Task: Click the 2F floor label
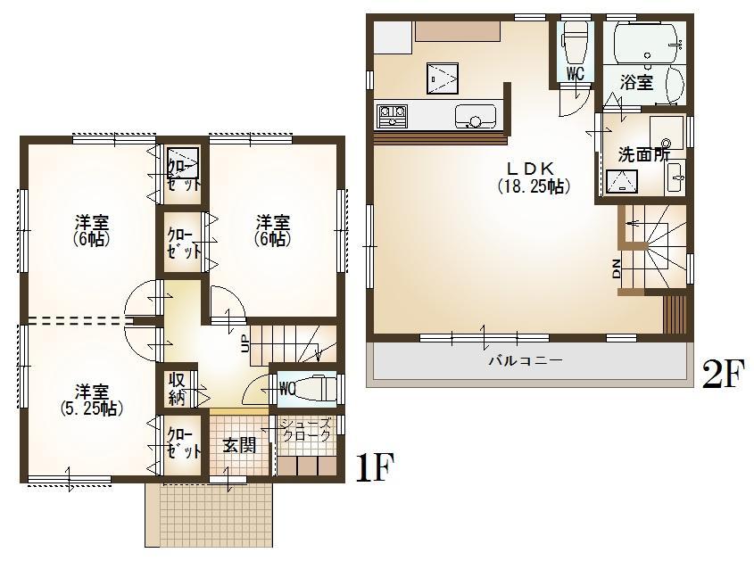(x=722, y=375)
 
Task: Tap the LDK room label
(x=533, y=168)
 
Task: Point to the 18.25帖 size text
(x=533, y=186)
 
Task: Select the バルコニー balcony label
(x=525, y=361)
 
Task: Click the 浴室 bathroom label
(x=636, y=82)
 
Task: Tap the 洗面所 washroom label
(x=643, y=153)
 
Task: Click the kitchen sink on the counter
(x=474, y=116)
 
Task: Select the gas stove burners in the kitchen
(x=392, y=115)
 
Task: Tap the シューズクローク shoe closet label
(x=307, y=430)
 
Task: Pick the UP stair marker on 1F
(x=245, y=344)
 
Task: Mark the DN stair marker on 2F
(x=617, y=268)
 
